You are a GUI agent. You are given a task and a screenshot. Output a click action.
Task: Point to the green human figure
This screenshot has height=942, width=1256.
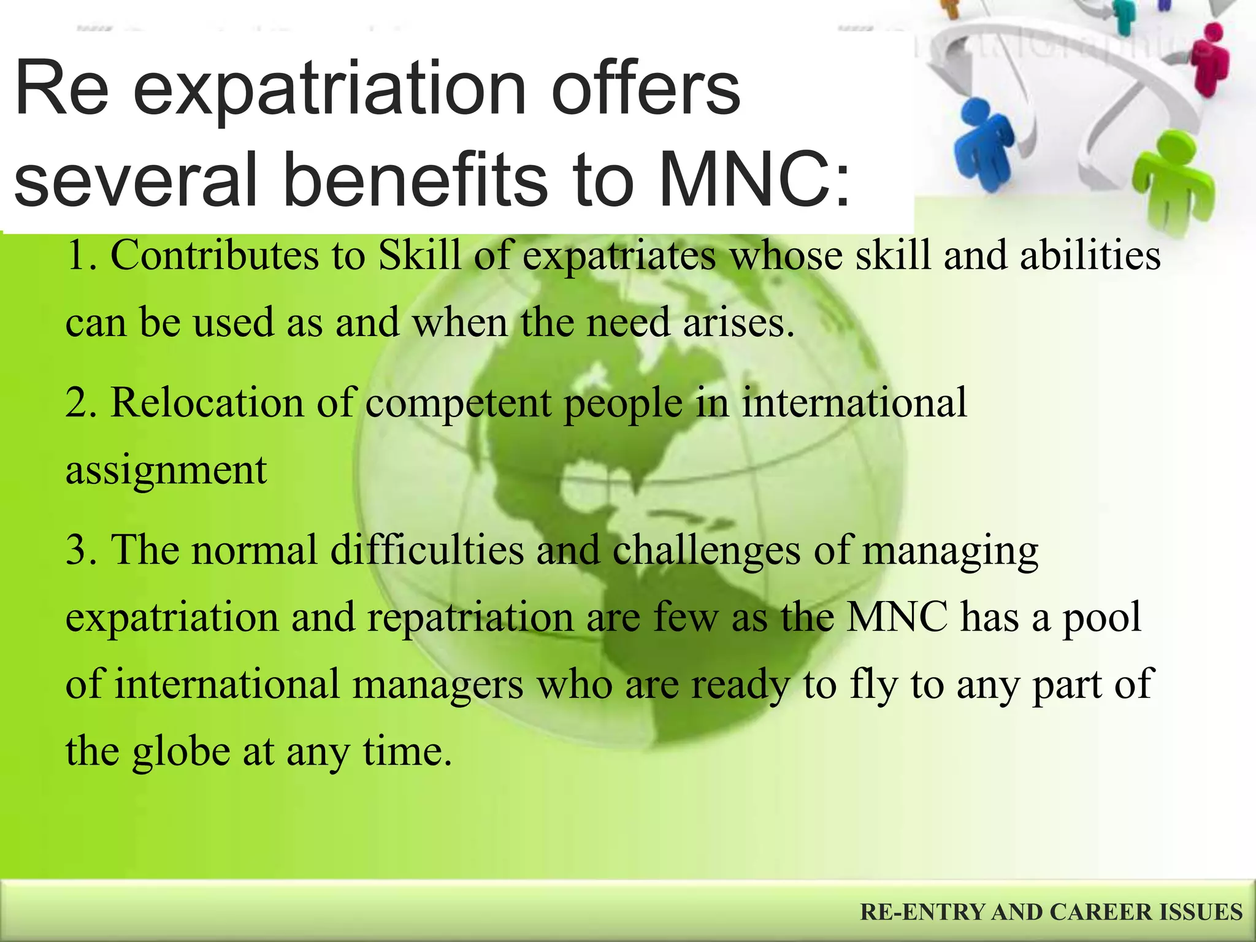pos(1172,184)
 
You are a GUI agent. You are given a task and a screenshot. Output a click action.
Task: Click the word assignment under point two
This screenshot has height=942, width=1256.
pos(166,471)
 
